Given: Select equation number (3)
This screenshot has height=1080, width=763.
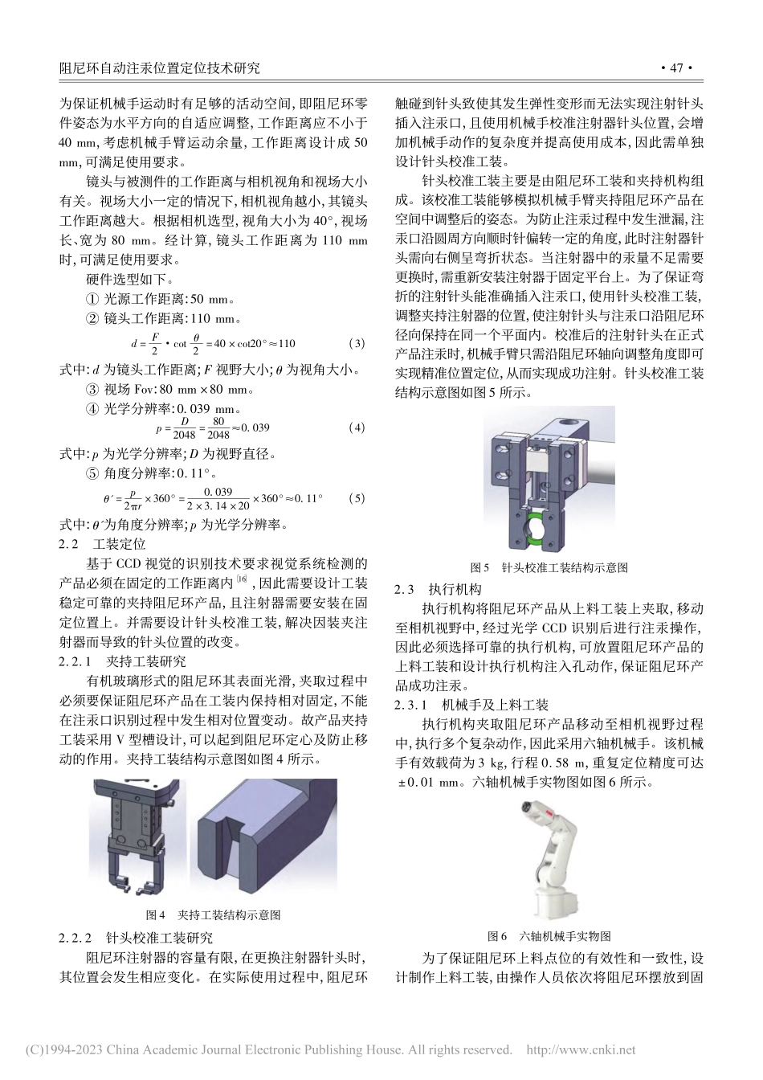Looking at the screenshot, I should click(x=356, y=344).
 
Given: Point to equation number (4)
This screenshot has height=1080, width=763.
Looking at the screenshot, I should click(x=356, y=427).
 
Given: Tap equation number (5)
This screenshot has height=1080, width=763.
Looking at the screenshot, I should click(x=356, y=498).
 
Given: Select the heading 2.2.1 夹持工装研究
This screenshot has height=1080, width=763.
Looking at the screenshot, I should click(x=123, y=661).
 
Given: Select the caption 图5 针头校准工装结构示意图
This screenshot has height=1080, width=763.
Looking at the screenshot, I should click(x=549, y=567).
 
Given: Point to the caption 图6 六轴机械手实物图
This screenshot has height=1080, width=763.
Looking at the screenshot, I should click(x=549, y=936).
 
